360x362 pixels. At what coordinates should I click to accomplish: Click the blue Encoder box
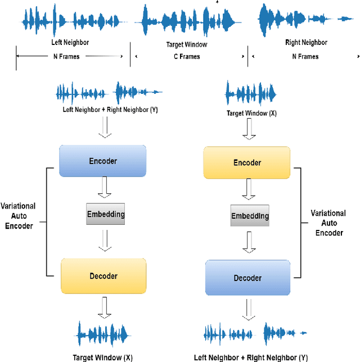click(103, 161)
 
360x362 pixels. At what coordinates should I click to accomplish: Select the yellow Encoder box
click(247, 163)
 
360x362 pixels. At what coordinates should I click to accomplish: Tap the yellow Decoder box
click(103, 276)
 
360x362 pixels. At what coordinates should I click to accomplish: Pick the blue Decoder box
click(247, 277)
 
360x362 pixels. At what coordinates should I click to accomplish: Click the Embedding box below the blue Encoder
click(105, 214)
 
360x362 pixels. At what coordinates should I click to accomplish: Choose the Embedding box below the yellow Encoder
click(250, 216)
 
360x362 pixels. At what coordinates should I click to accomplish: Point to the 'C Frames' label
click(186, 56)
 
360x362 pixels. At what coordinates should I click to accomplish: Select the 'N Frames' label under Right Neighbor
click(304, 56)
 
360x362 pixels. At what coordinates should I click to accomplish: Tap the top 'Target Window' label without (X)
click(187, 43)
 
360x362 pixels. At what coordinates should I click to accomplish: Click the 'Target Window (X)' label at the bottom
click(103, 357)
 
